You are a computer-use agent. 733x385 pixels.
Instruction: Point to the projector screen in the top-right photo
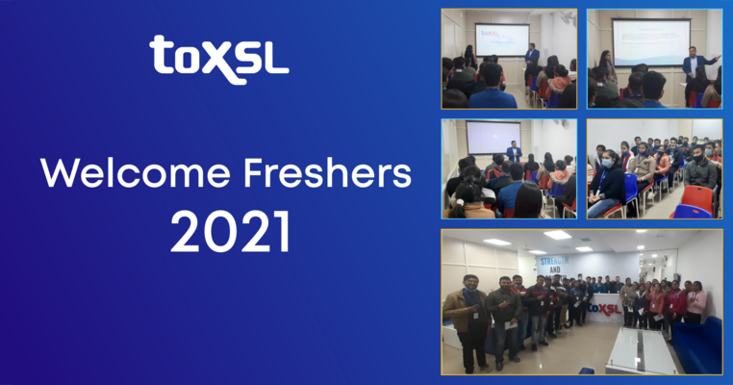tap(651, 41)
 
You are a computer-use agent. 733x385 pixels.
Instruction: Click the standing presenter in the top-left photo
tap(531, 60)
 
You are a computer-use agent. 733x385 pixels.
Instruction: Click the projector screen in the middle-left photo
tap(493, 136)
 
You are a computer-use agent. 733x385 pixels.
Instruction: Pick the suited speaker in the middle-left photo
tap(515, 152)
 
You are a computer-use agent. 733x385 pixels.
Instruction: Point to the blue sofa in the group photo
tap(699, 343)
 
